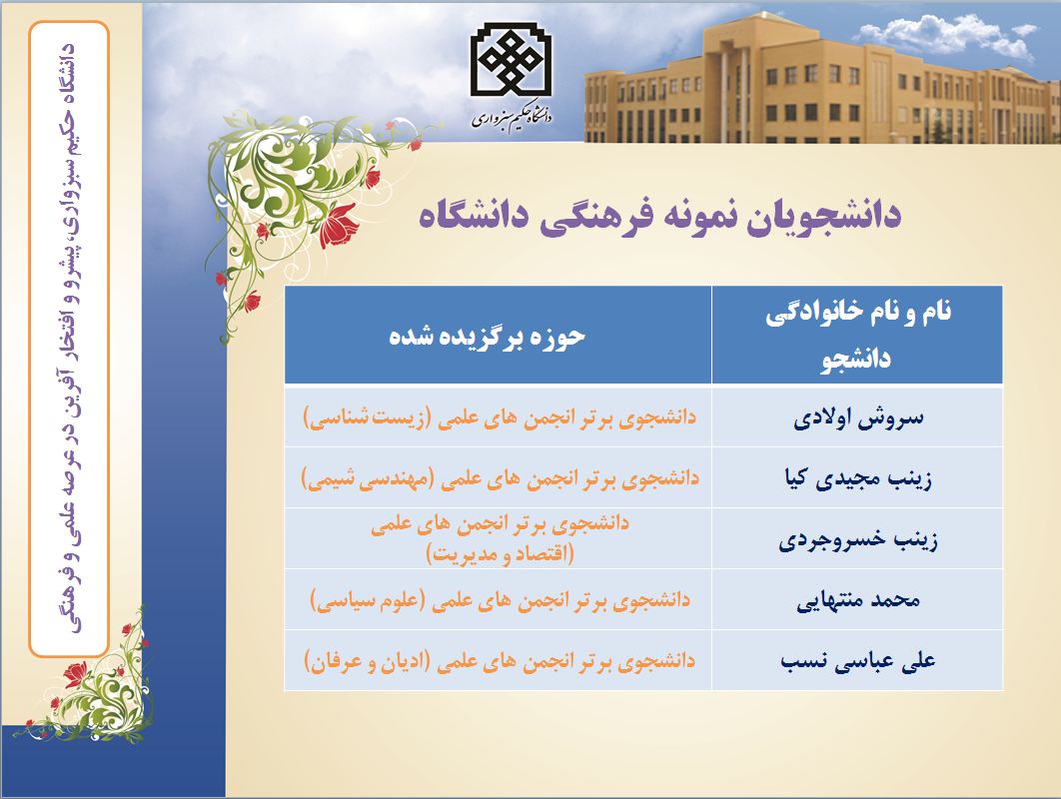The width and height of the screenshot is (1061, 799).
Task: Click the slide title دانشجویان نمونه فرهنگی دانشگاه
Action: coord(659,216)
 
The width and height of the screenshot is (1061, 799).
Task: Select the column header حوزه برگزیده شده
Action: coord(488,337)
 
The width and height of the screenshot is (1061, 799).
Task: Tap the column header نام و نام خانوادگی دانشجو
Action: coord(858,335)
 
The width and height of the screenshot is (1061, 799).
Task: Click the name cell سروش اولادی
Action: coord(858,417)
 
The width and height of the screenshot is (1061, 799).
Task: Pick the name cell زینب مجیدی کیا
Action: coord(858,478)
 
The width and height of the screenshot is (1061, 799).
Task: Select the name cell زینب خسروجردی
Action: coord(858,540)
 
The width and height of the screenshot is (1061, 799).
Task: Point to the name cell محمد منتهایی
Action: coord(858,600)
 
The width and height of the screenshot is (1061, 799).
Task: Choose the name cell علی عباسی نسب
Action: coord(858,660)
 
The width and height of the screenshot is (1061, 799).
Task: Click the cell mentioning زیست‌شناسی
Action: coord(500,416)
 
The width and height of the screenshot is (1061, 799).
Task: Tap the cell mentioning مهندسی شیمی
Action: coord(500,478)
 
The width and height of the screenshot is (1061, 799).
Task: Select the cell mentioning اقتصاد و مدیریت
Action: coord(500,538)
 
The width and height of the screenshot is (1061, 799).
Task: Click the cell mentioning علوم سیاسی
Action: coord(500,599)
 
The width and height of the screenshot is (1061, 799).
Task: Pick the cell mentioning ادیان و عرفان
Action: coord(500,660)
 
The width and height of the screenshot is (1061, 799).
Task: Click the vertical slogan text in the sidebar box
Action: coord(69,339)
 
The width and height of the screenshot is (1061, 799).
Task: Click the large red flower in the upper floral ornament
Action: coord(338,225)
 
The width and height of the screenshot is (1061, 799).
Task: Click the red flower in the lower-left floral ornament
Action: coord(75,674)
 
